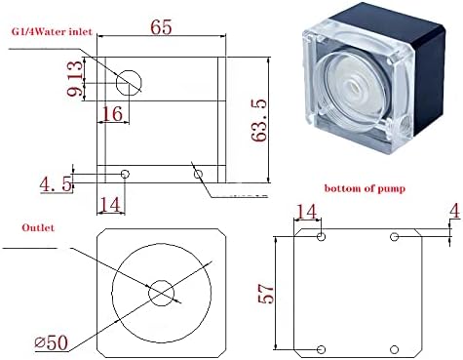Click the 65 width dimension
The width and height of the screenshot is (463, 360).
click(161, 27)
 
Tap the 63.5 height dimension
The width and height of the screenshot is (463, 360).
click(259, 120)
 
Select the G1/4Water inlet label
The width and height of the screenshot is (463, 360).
click(52, 31)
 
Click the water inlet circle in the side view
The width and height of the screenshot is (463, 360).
click(129, 83)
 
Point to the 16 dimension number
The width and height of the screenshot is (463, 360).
click(112, 113)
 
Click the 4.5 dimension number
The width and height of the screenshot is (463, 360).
click(56, 184)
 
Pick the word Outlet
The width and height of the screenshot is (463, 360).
click(38, 227)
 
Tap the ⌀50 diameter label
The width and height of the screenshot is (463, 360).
click(52, 342)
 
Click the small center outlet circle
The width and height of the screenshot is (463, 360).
click(161, 293)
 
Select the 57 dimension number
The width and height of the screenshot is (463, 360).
click(266, 294)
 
